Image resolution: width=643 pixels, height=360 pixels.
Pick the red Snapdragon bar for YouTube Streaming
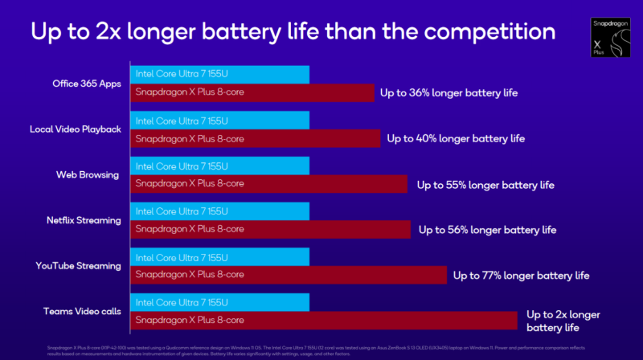[x=288, y=275]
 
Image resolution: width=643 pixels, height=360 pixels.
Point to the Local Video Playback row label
[x=76, y=129]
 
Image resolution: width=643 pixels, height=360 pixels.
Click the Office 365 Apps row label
[x=86, y=83]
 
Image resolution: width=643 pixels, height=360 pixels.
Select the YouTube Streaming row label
[x=78, y=265]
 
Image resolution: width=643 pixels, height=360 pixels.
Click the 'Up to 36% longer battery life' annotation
[x=449, y=93]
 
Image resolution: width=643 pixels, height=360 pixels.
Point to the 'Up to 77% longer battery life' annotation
[x=521, y=276]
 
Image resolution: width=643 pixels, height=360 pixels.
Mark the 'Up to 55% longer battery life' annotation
[x=485, y=185]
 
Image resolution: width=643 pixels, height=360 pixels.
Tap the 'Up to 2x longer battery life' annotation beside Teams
[x=563, y=321]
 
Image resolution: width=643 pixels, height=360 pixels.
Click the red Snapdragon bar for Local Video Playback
[x=255, y=138]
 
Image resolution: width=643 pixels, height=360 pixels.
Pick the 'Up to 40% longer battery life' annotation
[x=456, y=138]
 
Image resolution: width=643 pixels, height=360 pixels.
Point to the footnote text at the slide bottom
[x=297, y=344]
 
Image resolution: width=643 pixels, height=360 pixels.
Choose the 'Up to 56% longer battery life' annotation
[x=487, y=230]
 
